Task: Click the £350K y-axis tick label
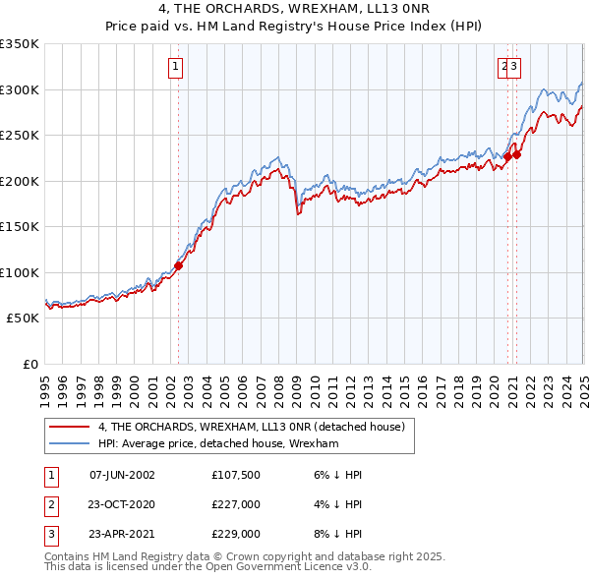tap(20, 44)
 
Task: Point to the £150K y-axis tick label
tap(20, 226)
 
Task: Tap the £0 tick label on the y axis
tap(30, 364)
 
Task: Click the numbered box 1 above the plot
tap(175, 67)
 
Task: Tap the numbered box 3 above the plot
tap(514, 67)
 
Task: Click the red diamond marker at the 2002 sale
tap(178, 265)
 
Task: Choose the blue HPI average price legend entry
tap(217, 443)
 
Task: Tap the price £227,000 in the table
tap(235, 504)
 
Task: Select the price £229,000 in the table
tap(235, 535)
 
